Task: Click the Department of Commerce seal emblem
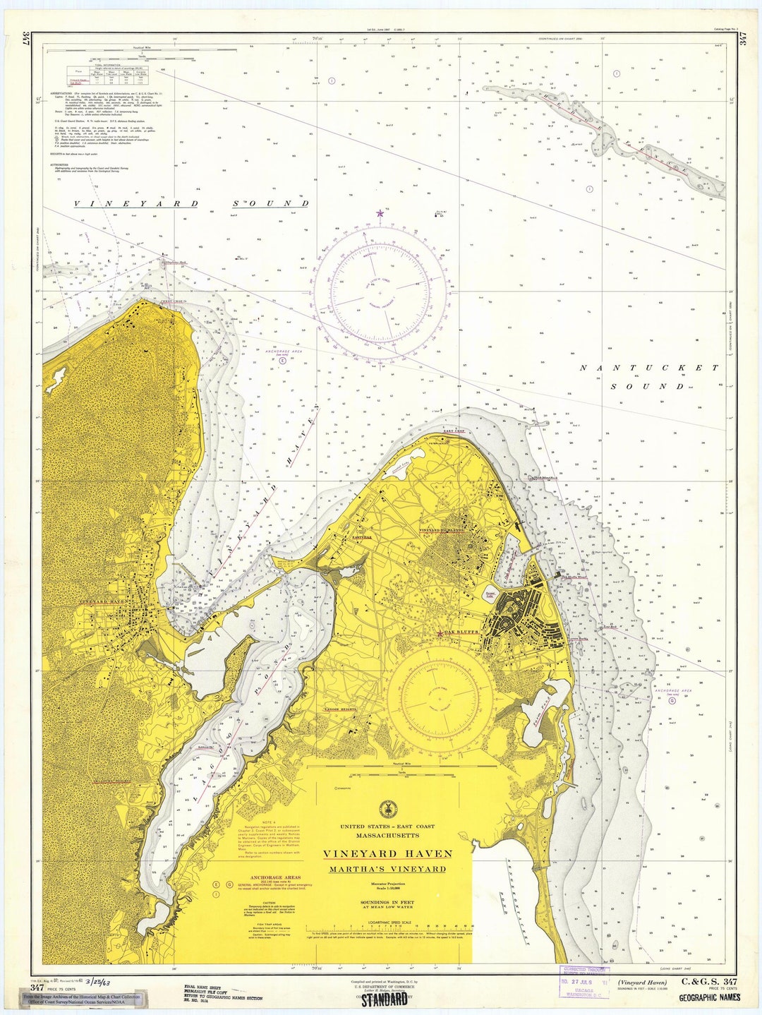387,809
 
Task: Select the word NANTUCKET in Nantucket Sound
648,368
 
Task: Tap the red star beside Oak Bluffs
440,633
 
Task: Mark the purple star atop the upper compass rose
380,212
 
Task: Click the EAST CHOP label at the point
454,431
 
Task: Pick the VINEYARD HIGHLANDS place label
442,530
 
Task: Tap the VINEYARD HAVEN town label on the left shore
102,601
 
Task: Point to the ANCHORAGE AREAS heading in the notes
261,877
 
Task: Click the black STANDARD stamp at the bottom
385,999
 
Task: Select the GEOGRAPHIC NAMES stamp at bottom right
709,998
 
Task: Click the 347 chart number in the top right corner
743,39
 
